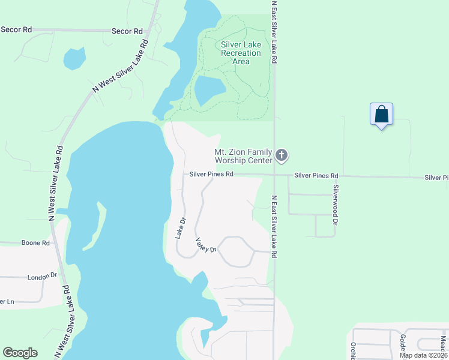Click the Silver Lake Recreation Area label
pos(241,53)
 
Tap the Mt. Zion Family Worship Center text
pos(243,157)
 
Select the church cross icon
pos(281,157)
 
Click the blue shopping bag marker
pos(381,113)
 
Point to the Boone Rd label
pos(35,243)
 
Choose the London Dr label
pos(41,277)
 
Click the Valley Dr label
pos(205,245)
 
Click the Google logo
pos(20,353)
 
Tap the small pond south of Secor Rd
pos(74,59)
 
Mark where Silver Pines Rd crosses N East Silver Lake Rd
pos(274,175)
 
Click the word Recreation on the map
pos(241,53)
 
